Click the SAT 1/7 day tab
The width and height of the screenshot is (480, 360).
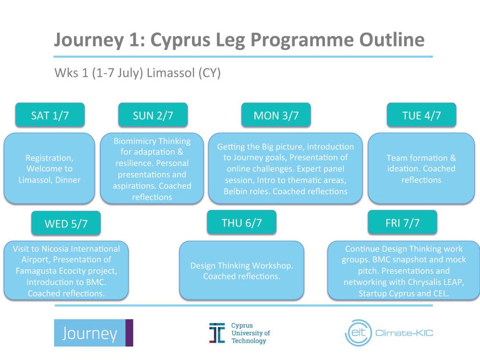point(49,115)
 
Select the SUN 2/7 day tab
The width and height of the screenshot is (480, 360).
point(153,115)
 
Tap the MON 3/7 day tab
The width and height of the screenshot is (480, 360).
point(276,115)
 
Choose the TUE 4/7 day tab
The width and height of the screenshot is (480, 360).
point(421,115)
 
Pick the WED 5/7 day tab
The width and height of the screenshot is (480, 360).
point(66,224)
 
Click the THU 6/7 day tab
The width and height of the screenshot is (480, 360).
point(241,223)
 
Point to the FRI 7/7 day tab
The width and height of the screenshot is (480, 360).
point(402,223)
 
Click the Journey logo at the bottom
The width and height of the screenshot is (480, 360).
point(93,333)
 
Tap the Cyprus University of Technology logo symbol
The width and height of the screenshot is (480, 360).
point(216,333)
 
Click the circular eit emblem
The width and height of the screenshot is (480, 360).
point(358,333)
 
